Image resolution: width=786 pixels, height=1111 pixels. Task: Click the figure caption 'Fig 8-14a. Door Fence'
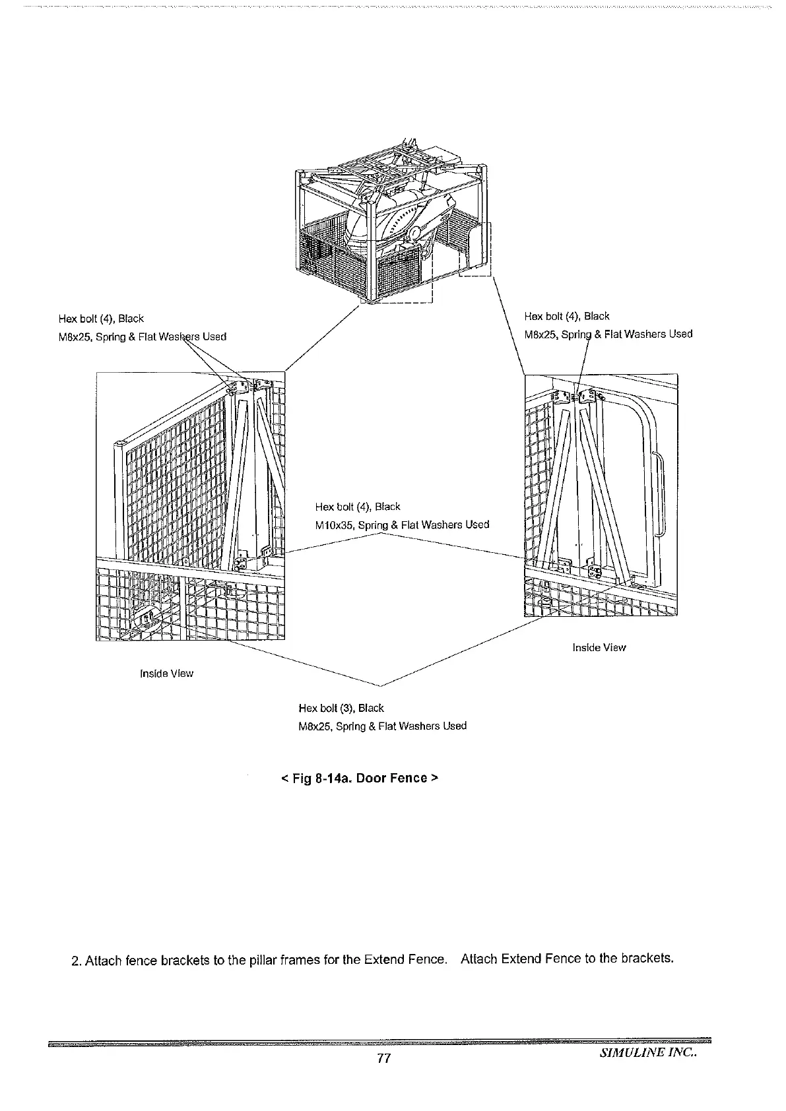point(359,778)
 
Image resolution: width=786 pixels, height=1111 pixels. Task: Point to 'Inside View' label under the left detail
point(166,674)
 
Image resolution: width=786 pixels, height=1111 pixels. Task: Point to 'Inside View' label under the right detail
point(599,647)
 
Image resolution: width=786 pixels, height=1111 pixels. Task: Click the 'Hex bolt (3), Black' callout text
point(341,708)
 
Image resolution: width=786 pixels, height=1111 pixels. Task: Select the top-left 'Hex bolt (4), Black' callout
point(101,319)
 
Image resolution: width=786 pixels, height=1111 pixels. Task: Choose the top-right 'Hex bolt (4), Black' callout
point(566,316)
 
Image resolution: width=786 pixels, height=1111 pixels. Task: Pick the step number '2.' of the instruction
point(76,959)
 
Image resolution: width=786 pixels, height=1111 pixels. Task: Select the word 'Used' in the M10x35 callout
point(476,525)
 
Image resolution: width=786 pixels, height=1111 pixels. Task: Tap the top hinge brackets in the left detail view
point(251,387)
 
